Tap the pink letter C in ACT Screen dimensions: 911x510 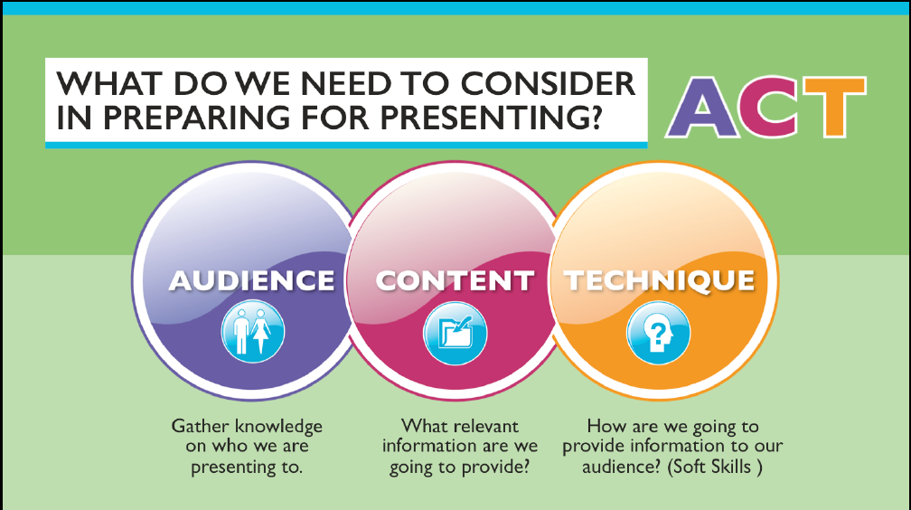pyautogui.click(x=771, y=107)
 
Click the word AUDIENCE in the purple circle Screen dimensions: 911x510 pyautogui.click(x=251, y=280)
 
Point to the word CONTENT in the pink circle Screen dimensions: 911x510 pyautogui.click(x=455, y=281)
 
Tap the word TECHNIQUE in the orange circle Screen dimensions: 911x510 pyautogui.click(x=660, y=280)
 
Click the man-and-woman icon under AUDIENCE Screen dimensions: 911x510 pyautogui.click(x=253, y=332)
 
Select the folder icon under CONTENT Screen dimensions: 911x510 pyautogui.click(x=455, y=333)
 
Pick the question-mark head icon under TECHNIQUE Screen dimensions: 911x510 pyautogui.click(x=658, y=333)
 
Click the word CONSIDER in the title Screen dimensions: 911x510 pyautogui.click(x=548, y=84)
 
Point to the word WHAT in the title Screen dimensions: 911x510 pyautogui.click(x=108, y=84)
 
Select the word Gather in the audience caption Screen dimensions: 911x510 pyautogui.click(x=200, y=426)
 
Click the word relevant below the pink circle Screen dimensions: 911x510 pyautogui.click(x=484, y=426)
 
